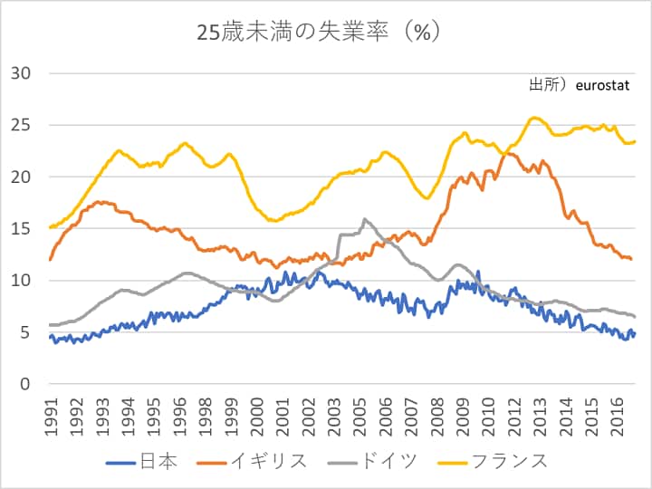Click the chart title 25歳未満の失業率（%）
[319, 32]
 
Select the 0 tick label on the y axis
[26, 384]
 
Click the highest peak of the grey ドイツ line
[365, 218]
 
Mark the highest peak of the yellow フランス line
[534, 117]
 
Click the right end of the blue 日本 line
[635, 333]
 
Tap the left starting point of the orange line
[50, 260]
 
